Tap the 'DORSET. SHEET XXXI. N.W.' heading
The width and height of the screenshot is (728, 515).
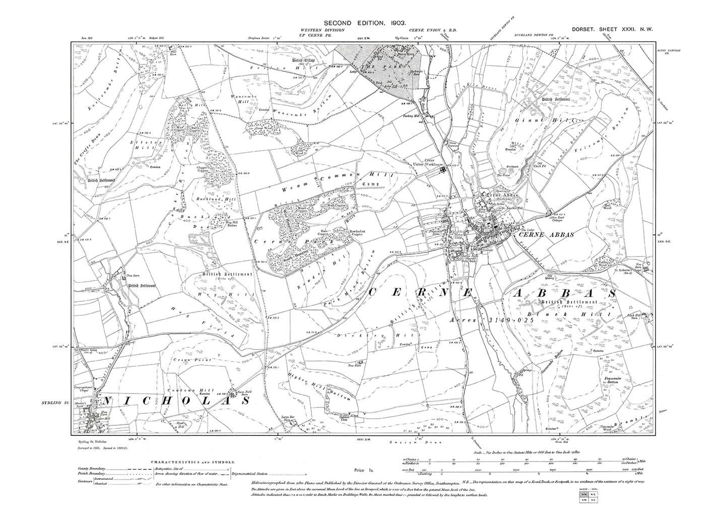click(603, 30)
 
